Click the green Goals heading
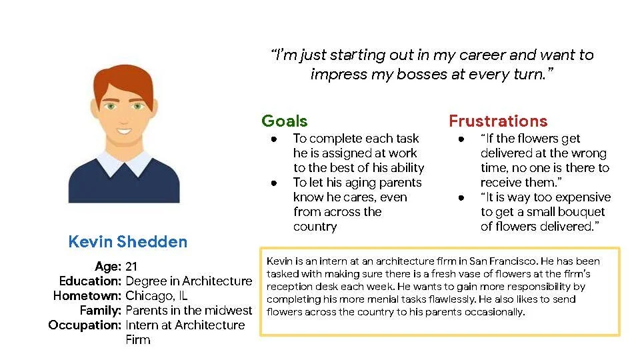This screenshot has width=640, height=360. (x=285, y=121)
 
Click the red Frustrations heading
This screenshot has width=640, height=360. (x=498, y=121)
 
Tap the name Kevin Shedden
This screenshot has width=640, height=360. (x=128, y=241)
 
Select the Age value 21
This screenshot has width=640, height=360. (x=131, y=267)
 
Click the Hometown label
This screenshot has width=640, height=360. (x=87, y=295)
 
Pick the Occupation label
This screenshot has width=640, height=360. (x=85, y=325)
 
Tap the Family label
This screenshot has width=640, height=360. (x=100, y=310)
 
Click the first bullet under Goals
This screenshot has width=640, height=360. (x=274, y=139)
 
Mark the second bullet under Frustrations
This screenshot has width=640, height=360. (x=461, y=197)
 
